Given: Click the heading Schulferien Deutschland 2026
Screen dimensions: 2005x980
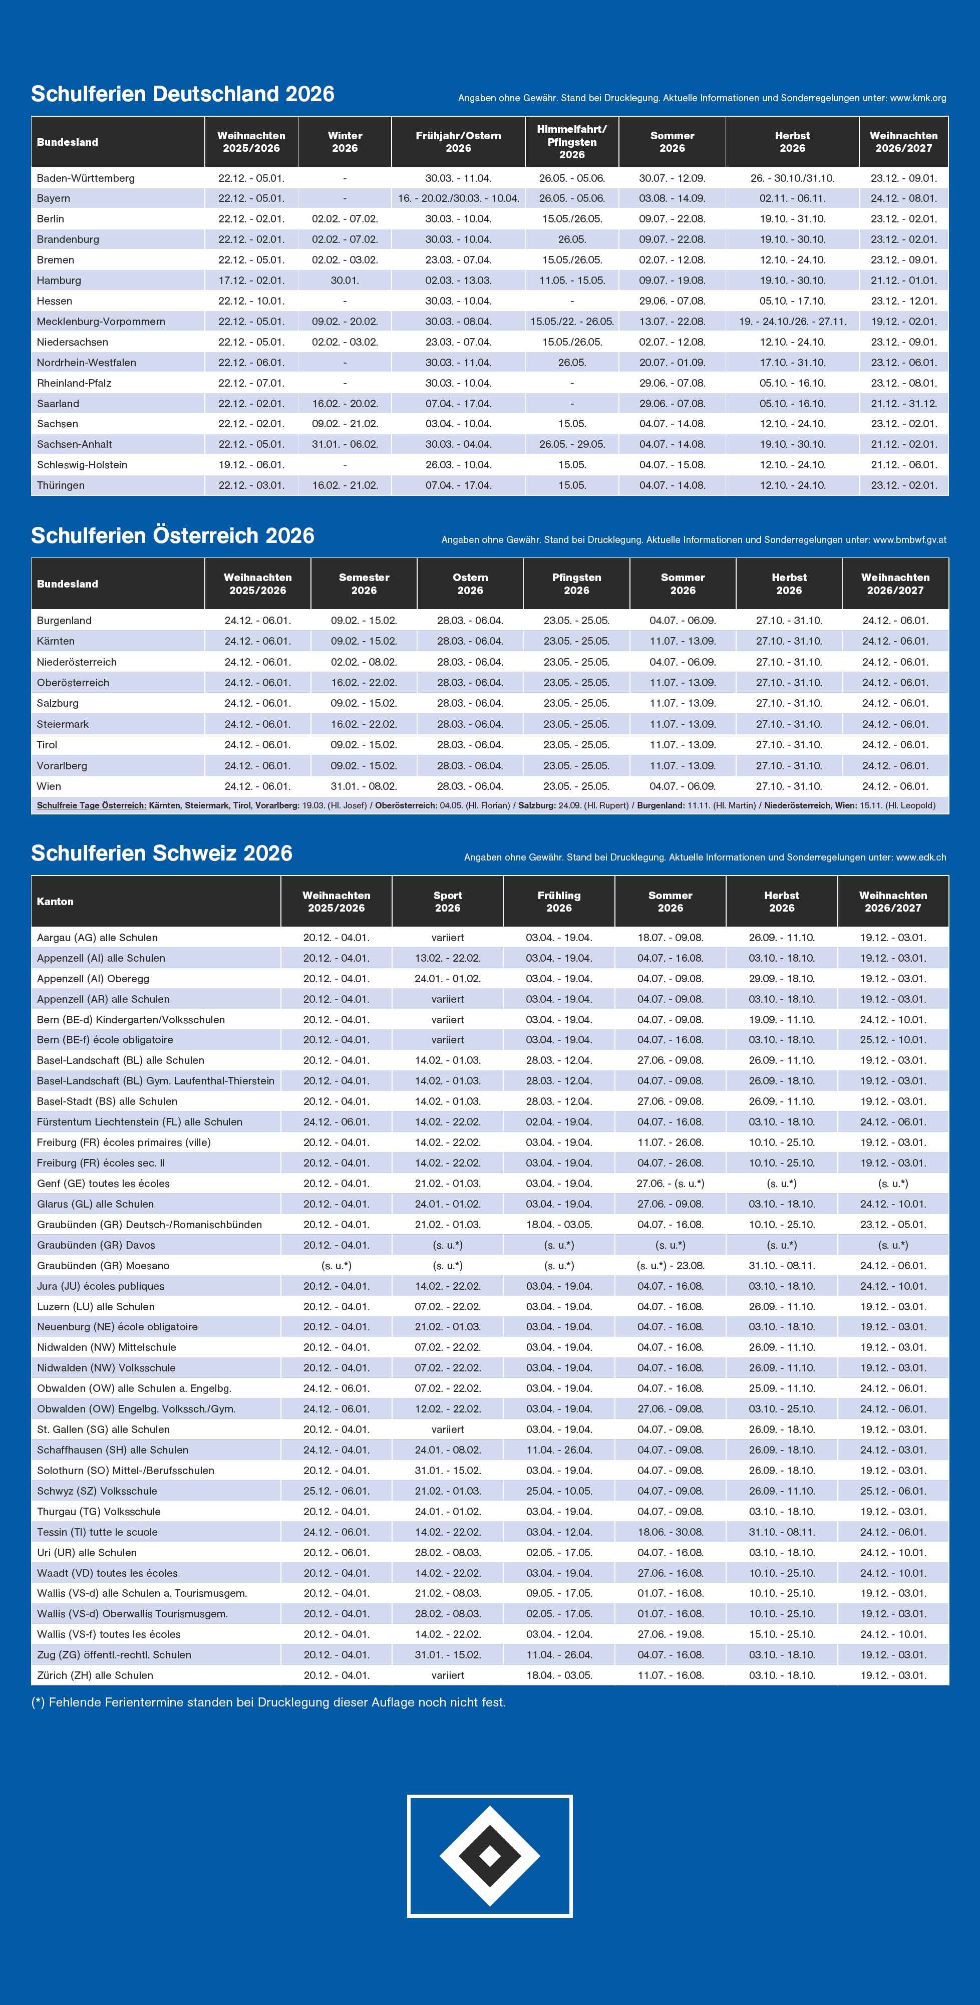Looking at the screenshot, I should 182,94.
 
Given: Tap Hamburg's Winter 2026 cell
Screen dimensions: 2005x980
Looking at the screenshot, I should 345,280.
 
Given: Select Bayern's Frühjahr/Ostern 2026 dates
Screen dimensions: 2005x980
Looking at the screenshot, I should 459,198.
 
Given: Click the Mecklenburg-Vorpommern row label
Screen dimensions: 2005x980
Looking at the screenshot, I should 101,322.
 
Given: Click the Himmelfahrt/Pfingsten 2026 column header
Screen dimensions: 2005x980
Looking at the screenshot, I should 571,142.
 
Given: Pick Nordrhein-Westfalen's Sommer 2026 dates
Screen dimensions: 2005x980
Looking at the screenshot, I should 672,363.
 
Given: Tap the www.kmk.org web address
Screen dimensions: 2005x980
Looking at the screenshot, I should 918,98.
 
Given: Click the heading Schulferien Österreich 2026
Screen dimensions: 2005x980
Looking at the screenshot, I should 173,535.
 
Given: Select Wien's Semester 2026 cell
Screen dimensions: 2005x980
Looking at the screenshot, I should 364,786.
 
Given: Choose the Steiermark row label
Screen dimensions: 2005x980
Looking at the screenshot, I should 63,724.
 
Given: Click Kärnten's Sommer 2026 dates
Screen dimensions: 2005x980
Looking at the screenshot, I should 683,641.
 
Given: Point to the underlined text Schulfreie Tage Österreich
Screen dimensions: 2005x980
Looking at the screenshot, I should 91,805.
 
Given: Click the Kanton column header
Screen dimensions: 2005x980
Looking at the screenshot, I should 55,901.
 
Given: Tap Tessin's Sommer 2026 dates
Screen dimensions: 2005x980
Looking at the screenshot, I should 670,1532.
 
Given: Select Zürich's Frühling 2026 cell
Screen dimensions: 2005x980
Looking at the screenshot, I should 559,1675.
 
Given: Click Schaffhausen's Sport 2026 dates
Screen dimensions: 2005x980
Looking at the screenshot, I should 448,1449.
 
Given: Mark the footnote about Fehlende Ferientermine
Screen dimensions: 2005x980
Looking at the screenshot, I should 268,1702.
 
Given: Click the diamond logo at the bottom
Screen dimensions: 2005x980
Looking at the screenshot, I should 490,1856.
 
